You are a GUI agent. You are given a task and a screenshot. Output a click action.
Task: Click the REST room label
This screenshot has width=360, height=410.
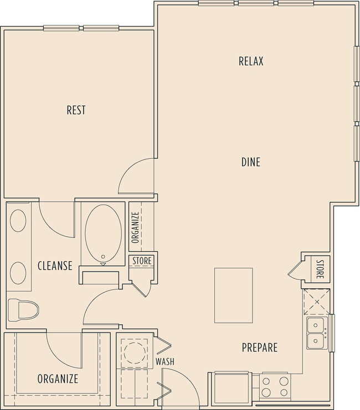(x=76, y=110)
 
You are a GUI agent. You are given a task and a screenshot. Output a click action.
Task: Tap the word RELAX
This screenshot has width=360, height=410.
(x=251, y=61)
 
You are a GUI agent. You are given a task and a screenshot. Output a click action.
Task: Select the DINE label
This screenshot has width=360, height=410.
(x=251, y=162)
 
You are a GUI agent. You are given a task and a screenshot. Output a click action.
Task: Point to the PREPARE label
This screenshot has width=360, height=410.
(x=259, y=347)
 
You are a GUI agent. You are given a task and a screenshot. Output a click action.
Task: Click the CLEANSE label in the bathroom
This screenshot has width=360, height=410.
(x=55, y=266)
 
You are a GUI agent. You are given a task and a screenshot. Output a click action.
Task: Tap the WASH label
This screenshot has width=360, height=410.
(x=164, y=361)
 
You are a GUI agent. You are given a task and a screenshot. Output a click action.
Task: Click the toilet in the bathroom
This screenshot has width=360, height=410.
(x=23, y=310)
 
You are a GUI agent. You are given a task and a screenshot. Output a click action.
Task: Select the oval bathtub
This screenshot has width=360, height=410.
(x=103, y=233)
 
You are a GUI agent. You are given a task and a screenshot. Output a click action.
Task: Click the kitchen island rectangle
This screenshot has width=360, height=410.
(x=234, y=295)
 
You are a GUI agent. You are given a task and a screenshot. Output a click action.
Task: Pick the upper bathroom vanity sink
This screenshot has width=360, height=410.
(x=18, y=220)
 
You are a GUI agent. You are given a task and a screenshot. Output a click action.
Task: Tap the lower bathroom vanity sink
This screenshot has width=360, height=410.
(x=18, y=273)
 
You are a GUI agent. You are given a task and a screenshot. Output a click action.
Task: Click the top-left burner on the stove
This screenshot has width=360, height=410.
(x=266, y=381)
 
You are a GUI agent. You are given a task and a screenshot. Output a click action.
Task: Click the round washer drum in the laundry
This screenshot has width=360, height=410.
(x=135, y=353)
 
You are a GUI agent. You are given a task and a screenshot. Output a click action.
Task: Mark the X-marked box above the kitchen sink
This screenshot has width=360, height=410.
(x=317, y=302)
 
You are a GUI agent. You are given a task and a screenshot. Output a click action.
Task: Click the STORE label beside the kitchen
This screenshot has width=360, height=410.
(x=320, y=269)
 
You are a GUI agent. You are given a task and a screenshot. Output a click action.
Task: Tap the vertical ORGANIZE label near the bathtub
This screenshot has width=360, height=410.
(x=135, y=227)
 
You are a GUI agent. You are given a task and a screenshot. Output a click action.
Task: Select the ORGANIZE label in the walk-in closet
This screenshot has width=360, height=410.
(x=58, y=378)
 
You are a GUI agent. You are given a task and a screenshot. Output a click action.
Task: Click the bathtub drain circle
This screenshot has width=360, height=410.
(x=103, y=257)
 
